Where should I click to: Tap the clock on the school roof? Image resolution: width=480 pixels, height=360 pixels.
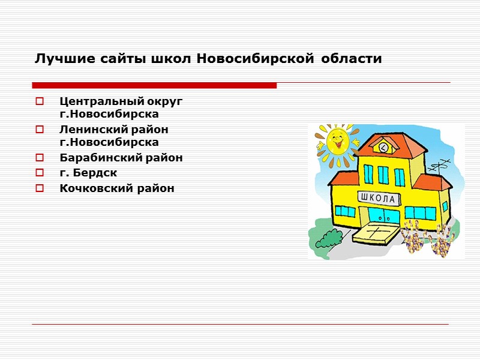click(x=382, y=146)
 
